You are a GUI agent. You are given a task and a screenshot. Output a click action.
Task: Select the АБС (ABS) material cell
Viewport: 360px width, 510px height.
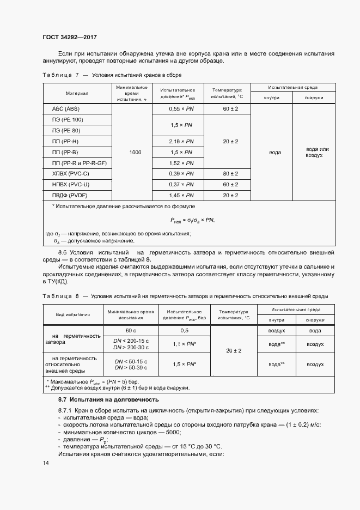(66, 109)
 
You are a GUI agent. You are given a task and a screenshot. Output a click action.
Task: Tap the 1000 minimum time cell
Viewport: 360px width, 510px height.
(135, 153)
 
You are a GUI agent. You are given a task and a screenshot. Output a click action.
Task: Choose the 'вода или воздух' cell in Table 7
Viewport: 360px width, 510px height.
(314, 152)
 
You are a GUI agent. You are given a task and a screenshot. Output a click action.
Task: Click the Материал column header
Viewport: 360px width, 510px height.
(77, 93)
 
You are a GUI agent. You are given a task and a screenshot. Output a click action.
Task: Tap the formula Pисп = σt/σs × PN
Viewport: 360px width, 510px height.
(192, 220)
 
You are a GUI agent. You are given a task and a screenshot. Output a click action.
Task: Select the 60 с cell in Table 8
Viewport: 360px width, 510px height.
(131, 331)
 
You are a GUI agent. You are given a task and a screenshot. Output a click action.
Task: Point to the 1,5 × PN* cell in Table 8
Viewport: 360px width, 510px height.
(185, 363)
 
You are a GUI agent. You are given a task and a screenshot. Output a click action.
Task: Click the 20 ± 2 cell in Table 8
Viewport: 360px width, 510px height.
(233, 351)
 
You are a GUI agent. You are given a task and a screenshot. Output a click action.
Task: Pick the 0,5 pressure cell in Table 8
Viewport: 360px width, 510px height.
(185, 331)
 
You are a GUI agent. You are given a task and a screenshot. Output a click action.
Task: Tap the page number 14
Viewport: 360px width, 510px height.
(46, 463)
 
